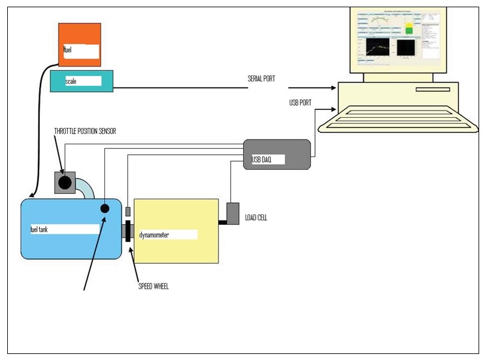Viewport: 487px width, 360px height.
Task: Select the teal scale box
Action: [81, 81]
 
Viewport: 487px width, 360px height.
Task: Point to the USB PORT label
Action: [301, 103]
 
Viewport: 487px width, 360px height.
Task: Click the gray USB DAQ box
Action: [277, 154]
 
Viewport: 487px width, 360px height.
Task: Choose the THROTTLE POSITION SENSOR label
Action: [85, 131]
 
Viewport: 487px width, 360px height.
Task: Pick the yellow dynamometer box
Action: [176, 231]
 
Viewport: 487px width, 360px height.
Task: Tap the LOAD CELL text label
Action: [256, 217]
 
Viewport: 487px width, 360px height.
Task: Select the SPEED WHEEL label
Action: [154, 286]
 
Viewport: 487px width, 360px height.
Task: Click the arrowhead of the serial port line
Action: [331, 88]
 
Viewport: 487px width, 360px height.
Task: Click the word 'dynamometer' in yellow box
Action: [153, 235]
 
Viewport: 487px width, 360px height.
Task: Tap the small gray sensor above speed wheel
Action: [128, 211]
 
